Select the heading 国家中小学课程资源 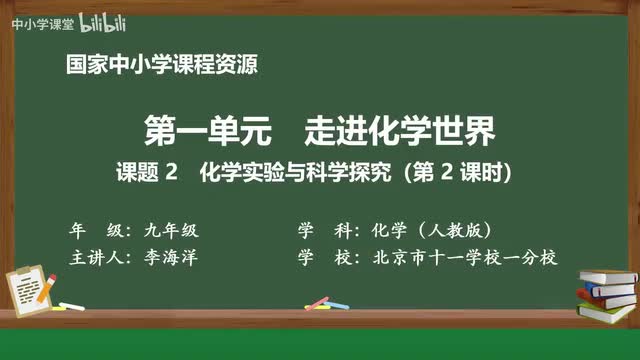[161, 67]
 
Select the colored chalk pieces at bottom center [318, 302]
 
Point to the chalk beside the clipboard [72, 306]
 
